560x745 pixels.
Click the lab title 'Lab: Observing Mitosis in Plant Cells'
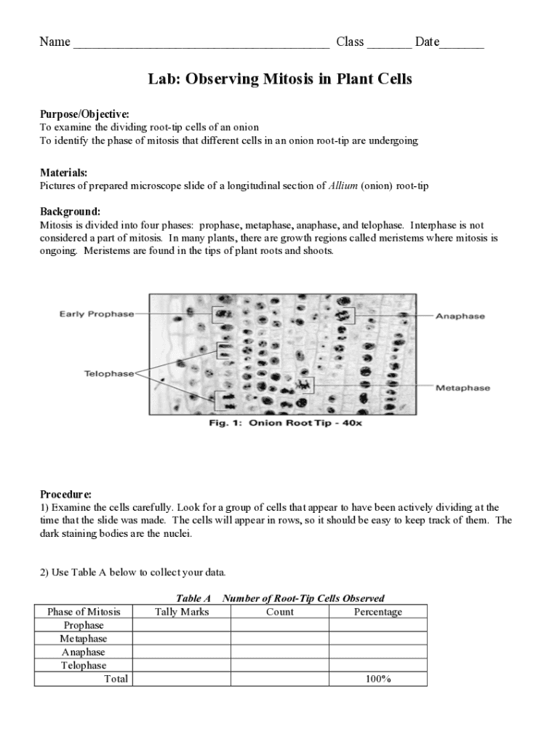click(x=280, y=79)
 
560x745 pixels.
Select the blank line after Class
click(x=389, y=44)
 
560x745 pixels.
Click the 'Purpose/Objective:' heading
click(x=84, y=114)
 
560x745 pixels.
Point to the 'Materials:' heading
click(x=63, y=172)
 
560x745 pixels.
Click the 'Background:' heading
click(x=70, y=212)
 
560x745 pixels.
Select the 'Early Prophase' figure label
click(x=97, y=314)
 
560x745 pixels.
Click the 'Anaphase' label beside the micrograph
click(x=460, y=316)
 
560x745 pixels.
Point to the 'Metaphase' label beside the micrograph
click(x=463, y=388)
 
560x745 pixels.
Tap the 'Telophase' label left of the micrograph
click(x=109, y=373)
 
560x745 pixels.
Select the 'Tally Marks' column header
click(x=182, y=612)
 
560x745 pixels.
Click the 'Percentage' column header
click(x=377, y=612)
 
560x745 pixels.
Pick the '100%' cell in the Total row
click(x=377, y=679)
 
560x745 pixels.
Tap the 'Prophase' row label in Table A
click(x=84, y=626)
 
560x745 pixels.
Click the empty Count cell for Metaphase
click(x=280, y=639)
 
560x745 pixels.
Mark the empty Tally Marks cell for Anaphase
click(x=182, y=652)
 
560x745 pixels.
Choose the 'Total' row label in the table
click(x=116, y=679)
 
